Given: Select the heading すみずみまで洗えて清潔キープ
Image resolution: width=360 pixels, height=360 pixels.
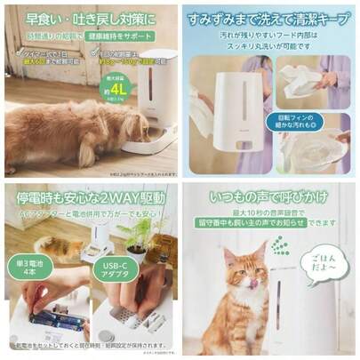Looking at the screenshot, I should coord(269,16).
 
